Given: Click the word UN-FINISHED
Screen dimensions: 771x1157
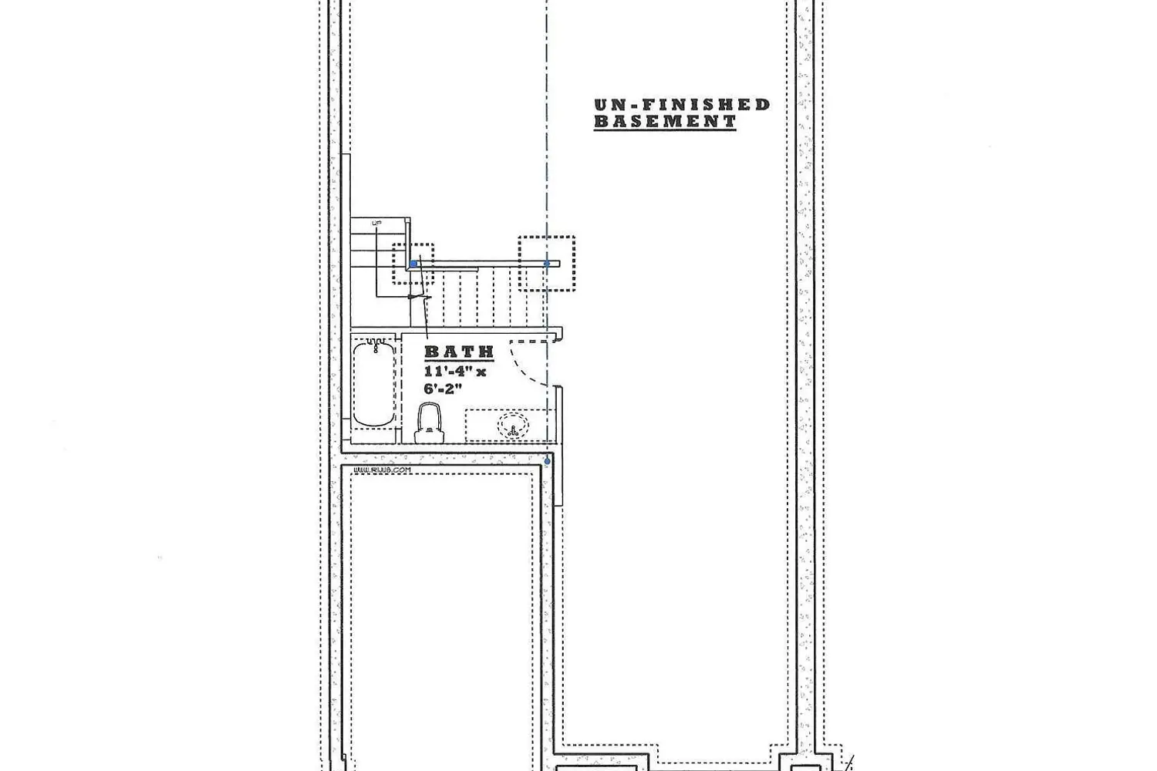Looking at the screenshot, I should (x=682, y=104).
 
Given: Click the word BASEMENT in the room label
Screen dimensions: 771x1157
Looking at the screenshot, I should (x=665, y=121).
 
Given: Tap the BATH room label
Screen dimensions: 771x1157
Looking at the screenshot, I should (x=459, y=352).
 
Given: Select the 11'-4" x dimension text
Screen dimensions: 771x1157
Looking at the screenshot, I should (x=455, y=371).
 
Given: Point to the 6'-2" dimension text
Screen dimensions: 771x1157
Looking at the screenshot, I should (x=443, y=389).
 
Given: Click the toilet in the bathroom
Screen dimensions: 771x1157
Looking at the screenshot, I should (x=430, y=423).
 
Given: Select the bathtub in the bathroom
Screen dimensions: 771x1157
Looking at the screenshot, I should (x=374, y=383).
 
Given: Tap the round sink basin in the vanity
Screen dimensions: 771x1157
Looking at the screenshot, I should (x=513, y=426).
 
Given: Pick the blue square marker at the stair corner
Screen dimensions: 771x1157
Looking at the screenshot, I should (x=413, y=264).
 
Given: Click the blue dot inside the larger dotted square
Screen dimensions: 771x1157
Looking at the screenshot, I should (x=547, y=264).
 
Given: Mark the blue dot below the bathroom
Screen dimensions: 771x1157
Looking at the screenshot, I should (x=547, y=461).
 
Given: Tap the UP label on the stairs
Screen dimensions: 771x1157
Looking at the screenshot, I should (x=377, y=224).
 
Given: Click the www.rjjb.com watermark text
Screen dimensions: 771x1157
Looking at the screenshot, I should (x=382, y=470).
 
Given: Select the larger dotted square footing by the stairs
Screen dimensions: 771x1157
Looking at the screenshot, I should (x=546, y=264).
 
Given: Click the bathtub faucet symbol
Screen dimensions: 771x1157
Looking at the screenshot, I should (x=374, y=342).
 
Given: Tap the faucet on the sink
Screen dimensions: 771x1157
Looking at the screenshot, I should (x=513, y=430).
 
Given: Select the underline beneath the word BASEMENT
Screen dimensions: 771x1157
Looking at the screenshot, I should (x=665, y=130).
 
